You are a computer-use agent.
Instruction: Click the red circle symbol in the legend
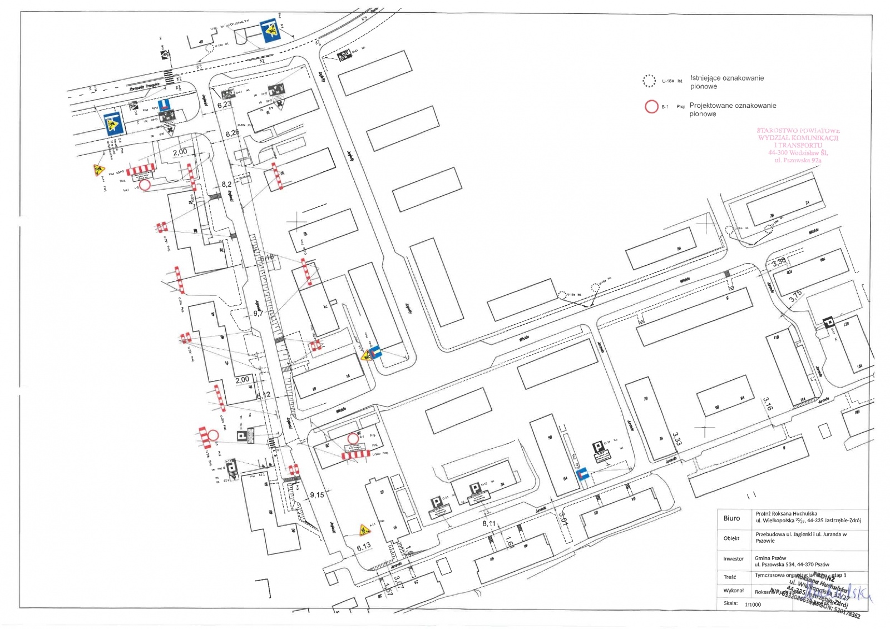651,106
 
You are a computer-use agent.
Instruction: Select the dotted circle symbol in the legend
649,81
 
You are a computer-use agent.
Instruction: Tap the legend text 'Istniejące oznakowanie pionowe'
726,82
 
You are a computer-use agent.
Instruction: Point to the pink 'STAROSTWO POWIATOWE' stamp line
798,131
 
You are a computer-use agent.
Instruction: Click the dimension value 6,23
224,105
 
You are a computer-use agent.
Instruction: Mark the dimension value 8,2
226,184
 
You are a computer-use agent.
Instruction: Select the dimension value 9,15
317,494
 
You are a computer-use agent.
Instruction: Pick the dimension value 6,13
363,547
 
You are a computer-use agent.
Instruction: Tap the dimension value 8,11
489,523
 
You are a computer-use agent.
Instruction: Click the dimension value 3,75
795,296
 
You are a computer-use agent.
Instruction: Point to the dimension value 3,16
768,404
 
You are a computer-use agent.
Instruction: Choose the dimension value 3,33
676,439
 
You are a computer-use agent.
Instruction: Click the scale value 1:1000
753,604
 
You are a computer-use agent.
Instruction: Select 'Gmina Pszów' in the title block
770,558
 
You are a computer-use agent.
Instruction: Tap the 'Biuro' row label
731,518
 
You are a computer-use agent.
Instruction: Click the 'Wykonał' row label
733,591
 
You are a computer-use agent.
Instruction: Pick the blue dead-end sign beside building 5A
582,474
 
